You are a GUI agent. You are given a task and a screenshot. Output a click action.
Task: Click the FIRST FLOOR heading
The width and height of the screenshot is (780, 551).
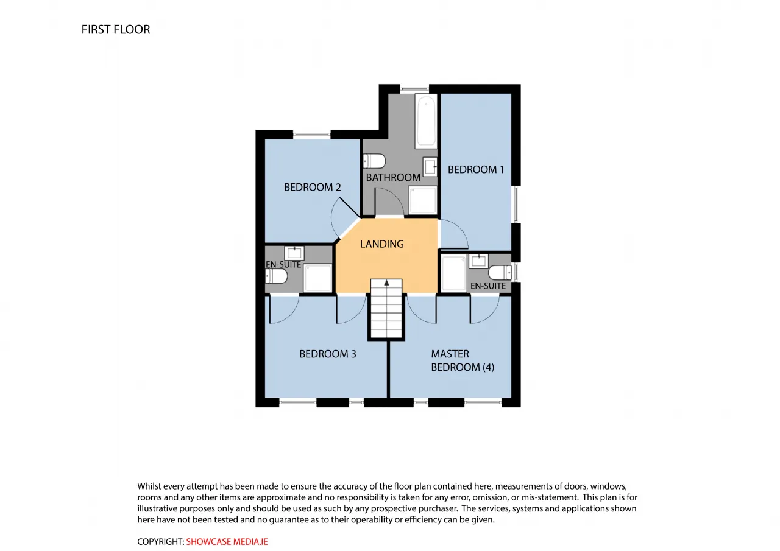click(116, 30)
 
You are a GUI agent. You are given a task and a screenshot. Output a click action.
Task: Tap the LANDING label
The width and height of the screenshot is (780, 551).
click(381, 244)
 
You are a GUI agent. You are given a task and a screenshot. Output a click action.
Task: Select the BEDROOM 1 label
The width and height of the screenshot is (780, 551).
click(476, 170)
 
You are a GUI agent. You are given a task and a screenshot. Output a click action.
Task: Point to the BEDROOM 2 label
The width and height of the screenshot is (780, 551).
click(313, 188)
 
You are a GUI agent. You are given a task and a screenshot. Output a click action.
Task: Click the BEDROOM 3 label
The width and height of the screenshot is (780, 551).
click(328, 354)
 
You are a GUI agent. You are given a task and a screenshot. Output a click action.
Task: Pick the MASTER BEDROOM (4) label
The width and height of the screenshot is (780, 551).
click(463, 360)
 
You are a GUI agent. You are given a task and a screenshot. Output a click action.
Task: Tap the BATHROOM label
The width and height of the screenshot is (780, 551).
click(393, 178)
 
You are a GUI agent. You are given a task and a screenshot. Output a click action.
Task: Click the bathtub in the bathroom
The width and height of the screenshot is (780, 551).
click(426, 121)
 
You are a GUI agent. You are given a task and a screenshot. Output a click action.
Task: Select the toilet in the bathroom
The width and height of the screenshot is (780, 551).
click(374, 161)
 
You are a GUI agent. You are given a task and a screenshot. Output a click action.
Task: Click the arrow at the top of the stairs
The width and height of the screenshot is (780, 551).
click(386, 283)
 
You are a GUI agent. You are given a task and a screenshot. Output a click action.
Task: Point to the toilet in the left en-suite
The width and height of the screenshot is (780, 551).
click(277, 276)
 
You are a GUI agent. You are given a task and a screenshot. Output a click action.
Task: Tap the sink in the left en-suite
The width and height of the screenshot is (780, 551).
click(294, 253)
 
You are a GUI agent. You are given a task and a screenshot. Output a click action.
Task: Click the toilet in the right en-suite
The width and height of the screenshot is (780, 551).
click(500, 272)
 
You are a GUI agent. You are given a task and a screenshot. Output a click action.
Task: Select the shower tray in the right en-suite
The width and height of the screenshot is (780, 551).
click(454, 273)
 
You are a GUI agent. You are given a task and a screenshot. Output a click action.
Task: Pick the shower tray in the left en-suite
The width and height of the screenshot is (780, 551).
click(317, 278)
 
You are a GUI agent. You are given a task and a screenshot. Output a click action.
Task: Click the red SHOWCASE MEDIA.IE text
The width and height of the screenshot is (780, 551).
click(227, 542)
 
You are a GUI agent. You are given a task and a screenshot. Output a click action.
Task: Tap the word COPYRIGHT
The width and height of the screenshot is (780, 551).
click(160, 542)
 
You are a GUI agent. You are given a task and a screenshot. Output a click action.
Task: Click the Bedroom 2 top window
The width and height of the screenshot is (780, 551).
click(311, 135)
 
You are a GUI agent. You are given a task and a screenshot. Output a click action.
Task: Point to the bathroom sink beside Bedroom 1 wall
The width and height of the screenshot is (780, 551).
click(430, 167)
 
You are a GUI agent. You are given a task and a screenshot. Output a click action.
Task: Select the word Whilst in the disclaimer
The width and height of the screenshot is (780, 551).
click(149, 486)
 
